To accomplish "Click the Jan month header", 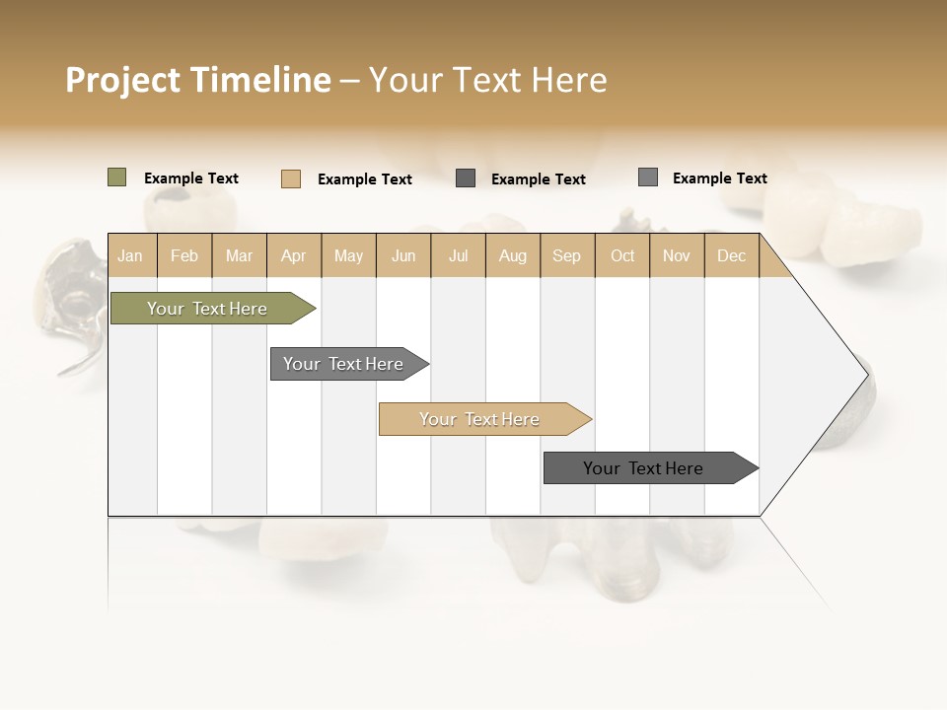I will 130,255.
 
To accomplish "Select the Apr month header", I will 294,255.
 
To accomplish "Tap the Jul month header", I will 458,255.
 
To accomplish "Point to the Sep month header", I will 566,255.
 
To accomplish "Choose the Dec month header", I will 731,255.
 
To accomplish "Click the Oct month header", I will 622,255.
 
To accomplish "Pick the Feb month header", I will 184,255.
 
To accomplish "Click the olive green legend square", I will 117,177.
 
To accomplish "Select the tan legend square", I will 291,178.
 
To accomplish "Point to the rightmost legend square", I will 648,177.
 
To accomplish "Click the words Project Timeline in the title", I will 197,80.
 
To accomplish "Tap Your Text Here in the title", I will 487,80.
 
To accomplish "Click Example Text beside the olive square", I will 191,178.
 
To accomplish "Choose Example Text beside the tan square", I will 365,179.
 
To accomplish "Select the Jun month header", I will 403,255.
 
